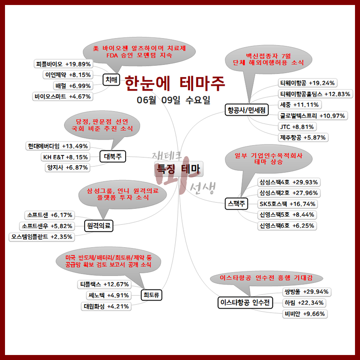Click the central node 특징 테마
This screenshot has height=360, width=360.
(x=179, y=170)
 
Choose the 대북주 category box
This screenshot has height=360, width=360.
(x=113, y=156)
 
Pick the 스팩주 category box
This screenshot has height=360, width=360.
(x=236, y=203)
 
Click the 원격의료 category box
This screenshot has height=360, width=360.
(x=99, y=226)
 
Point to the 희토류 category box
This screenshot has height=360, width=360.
(x=151, y=295)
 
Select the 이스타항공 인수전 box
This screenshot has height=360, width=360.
(x=245, y=303)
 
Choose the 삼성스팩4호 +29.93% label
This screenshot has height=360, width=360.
(x=288, y=182)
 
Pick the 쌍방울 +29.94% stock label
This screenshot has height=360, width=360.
(x=306, y=292)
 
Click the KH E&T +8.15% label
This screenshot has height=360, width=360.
(x=65, y=157)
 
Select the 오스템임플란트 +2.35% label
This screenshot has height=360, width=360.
(x=41, y=237)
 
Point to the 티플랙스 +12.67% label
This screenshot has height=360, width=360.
(x=104, y=284)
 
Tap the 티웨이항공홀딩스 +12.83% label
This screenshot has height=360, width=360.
(x=315, y=94)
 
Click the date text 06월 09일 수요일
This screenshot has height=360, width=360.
(x=173, y=100)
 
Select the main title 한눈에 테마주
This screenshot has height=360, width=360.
(x=175, y=83)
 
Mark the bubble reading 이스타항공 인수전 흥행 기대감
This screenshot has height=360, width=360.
(x=266, y=278)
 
